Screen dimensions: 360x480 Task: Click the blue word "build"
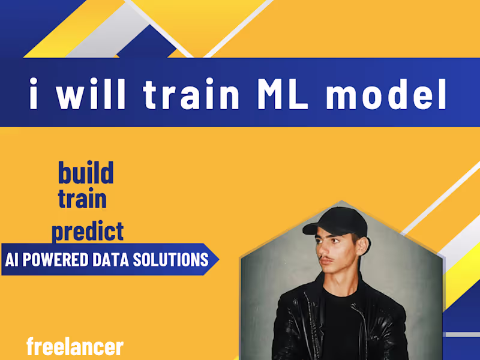click(85, 173)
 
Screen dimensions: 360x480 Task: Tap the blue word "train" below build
click(82, 199)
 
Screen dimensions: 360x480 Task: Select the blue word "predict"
click(88, 231)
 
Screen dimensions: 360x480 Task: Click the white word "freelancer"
click(75, 347)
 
